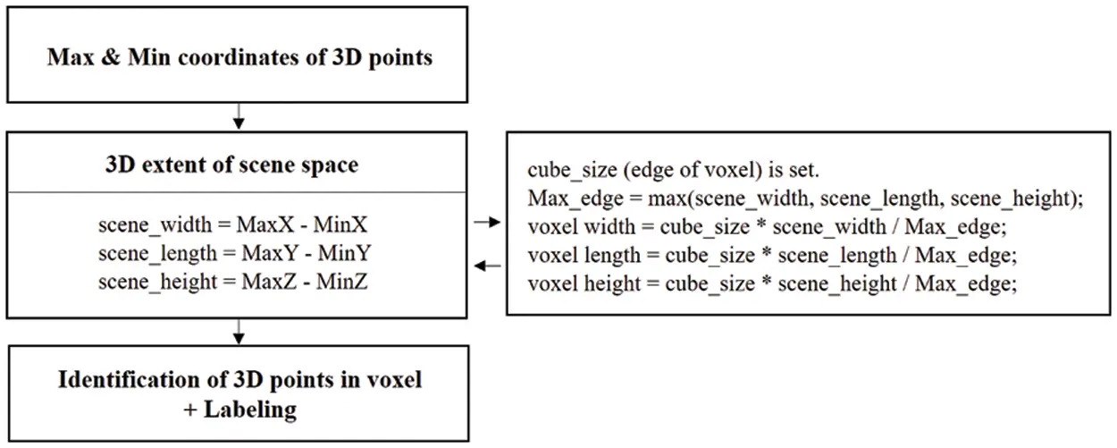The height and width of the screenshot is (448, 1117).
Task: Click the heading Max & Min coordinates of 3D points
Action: [x=239, y=58]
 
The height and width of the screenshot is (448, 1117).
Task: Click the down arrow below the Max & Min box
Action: [x=239, y=116]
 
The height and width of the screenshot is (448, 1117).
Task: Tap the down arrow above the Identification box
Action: [x=239, y=334]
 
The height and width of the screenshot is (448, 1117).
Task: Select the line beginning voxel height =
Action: [x=774, y=284]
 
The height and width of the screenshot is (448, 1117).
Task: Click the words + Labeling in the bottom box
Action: [x=239, y=410]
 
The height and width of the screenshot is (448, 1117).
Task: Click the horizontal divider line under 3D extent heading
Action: [x=239, y=191]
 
